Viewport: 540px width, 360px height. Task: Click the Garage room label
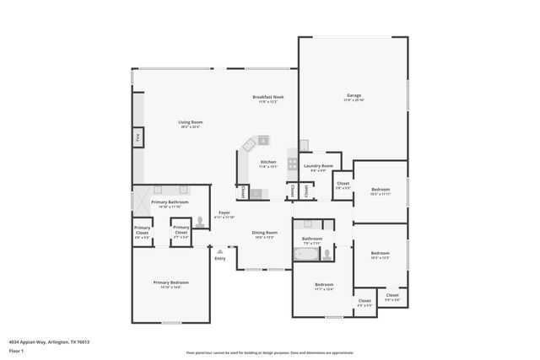pyautogui.click(x=353, y=95)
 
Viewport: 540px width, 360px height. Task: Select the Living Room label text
pyautogui.click(x=190, y=122)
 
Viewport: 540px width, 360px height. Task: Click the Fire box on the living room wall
pyautogui.click(x=136, y=135)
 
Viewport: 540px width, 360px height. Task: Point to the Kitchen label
pyautogui.click(x=267, y=161)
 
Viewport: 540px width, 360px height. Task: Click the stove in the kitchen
pyautogui.click(x=293, y=163)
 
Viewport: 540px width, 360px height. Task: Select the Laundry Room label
pyautogui.click(x=318, y=165)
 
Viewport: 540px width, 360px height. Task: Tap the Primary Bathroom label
pyautogui.click(x=170, y=202)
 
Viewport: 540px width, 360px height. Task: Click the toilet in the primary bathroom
pyautogui.click(x=201, y=223)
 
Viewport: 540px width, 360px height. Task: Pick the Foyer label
pyautogui.click(x=224, y=212)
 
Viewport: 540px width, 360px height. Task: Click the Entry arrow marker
pyautogui.click(x=219, y=251)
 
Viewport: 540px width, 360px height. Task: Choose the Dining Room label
pyautogui.click(x=265, y=232)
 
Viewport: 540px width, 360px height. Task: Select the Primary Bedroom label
pyautogui.click(x=170, y=282)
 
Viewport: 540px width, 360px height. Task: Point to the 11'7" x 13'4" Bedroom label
pyautogui.click(x=324, y=284)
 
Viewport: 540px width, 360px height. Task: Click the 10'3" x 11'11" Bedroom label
pyautogui.click(x=379, y=191)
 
